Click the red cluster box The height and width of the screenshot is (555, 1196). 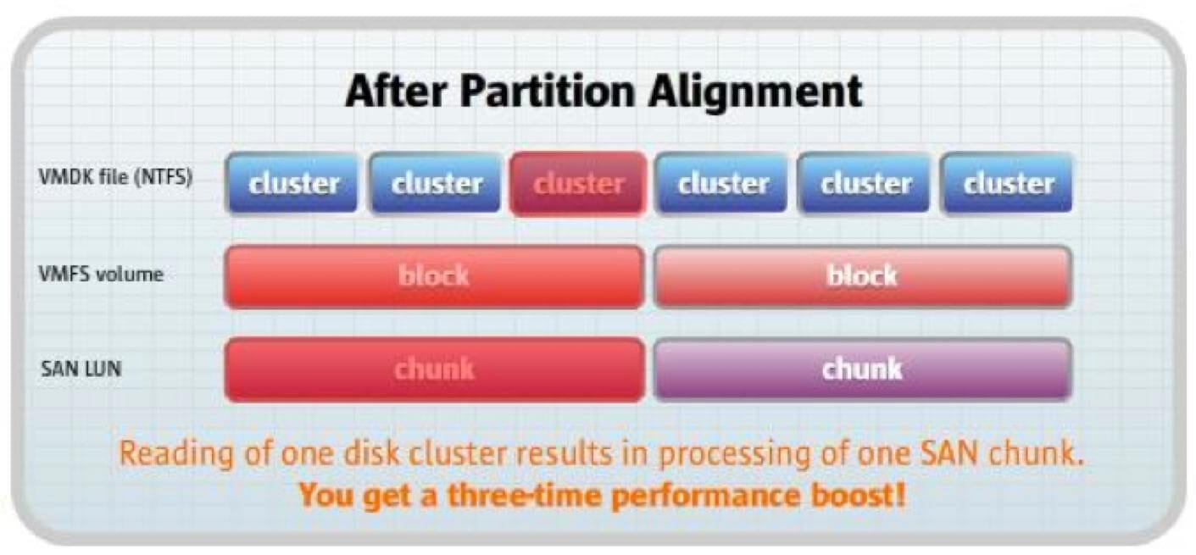pos(578,184)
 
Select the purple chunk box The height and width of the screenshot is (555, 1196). pos(863,369)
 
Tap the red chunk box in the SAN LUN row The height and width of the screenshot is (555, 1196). pos(435,369)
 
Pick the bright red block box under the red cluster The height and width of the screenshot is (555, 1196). pos(435,276)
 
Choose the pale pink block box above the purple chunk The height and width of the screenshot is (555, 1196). pos(863,276)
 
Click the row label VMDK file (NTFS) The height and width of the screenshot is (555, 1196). pos(115,176)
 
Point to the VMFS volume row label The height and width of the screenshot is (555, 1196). pos(101,275)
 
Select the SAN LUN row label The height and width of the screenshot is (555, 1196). pos(81,369)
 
